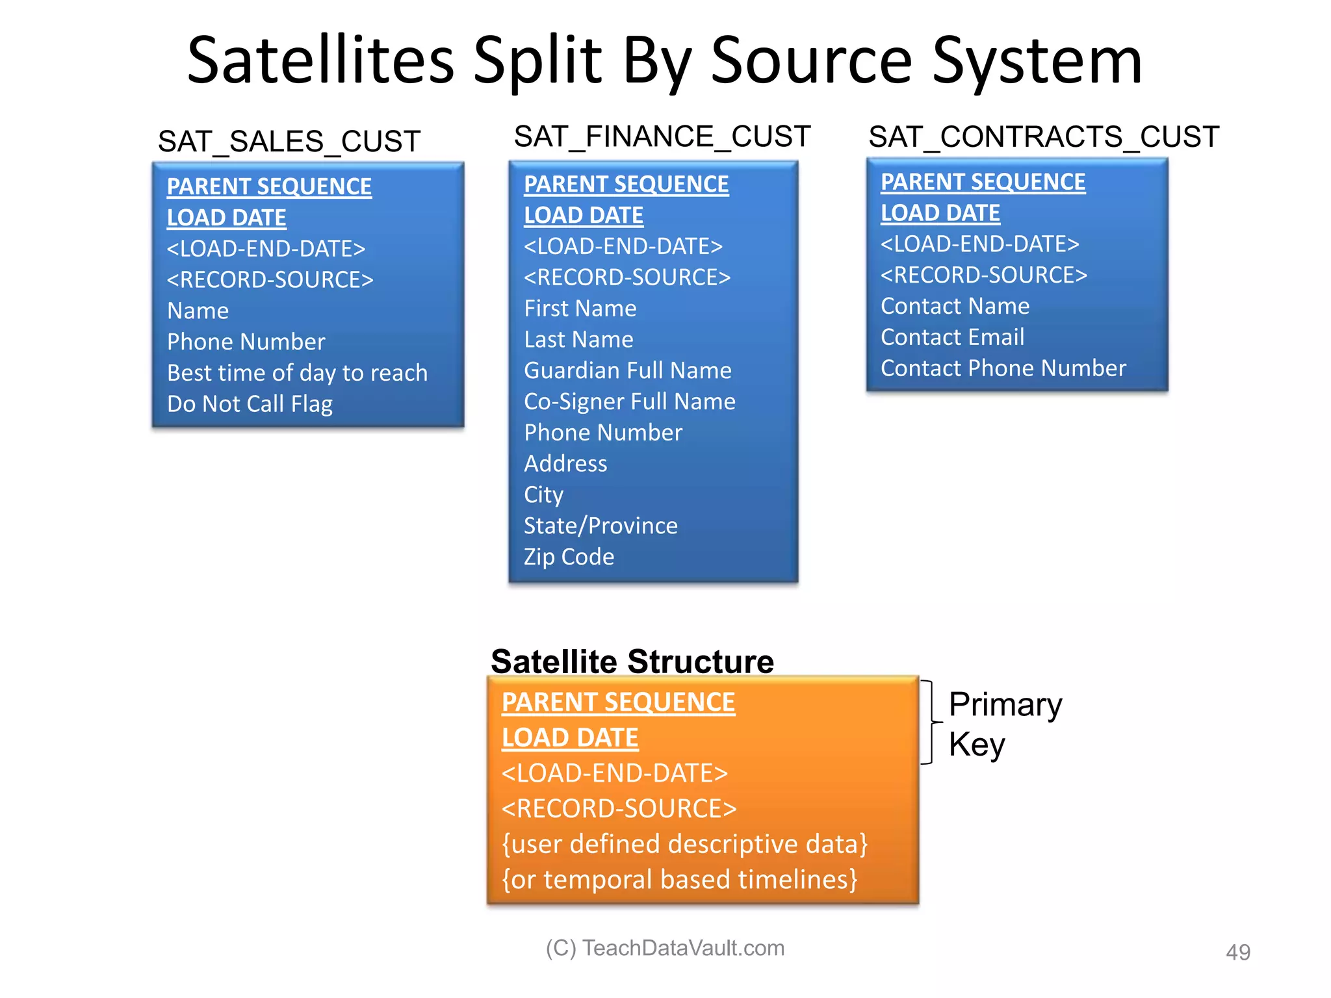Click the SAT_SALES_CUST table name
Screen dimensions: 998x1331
pos(289,142)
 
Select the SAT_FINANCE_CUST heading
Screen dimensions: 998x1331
pos(662,137)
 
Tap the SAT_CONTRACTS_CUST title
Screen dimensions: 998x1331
pos(1043,137)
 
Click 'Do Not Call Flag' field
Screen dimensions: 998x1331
pos(250,404)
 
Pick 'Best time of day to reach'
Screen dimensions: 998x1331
pos(297,373)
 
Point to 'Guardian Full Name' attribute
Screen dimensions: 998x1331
pos(627,370)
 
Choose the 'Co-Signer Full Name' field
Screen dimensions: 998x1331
pos(629,402)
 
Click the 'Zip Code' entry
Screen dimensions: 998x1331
pos(569,557)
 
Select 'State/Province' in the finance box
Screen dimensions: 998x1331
pos(601,526)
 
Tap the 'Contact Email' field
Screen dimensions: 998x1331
pos(952,337)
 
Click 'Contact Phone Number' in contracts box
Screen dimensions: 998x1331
pos(1003,368)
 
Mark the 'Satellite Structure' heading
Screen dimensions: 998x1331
pos(632,661)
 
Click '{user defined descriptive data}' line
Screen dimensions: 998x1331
pos(684,844)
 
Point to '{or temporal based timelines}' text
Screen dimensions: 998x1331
pos(679,880)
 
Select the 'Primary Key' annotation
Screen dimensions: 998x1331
pos(1004,724)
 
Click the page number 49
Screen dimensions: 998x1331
pos(1237,953)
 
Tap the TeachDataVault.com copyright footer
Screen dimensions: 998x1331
pos(665,948)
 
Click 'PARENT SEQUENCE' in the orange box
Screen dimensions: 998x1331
pos(618,702)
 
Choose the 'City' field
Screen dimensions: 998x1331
pos(543,495)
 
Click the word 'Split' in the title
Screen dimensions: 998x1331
pos(537,61)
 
